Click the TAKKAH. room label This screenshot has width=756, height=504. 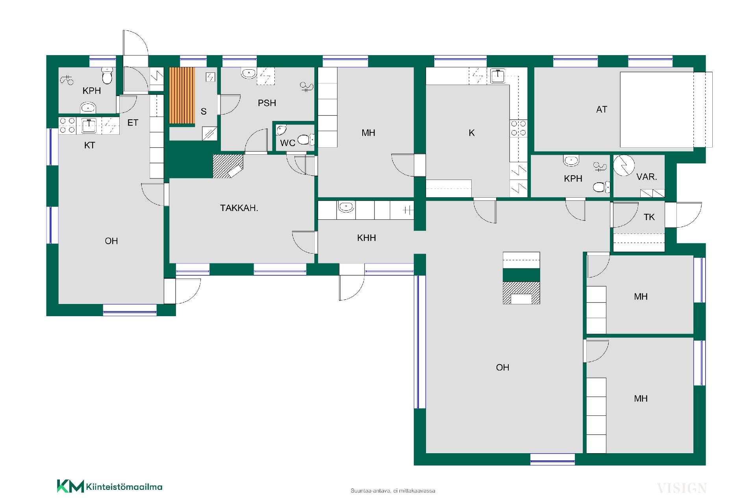tap(239, 208)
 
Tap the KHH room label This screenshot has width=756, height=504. tap(367, 238)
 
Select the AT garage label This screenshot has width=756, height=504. tap(602, 109)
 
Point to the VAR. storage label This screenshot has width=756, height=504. tap(647, 177)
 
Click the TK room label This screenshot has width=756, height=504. tap(649, 217)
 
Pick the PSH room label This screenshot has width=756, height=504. tap(267, 103)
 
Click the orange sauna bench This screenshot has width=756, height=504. tap(182, 96)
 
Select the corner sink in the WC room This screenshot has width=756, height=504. tap(282, 130)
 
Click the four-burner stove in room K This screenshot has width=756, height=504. tap(519, 128)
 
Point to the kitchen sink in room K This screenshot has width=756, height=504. tap(498, 75)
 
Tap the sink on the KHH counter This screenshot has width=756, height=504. tap(346, 206)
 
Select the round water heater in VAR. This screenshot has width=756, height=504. tap(624, 166)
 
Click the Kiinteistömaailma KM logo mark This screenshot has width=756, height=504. tap(70, 486)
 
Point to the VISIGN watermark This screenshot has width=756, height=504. tap(682, 488)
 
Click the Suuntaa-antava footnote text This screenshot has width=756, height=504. tap(393, 491)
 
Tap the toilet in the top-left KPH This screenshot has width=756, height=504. tap(107, 76)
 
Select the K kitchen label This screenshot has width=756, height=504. tap(472, 133)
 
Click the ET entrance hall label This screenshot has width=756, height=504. tap(133, 123)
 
